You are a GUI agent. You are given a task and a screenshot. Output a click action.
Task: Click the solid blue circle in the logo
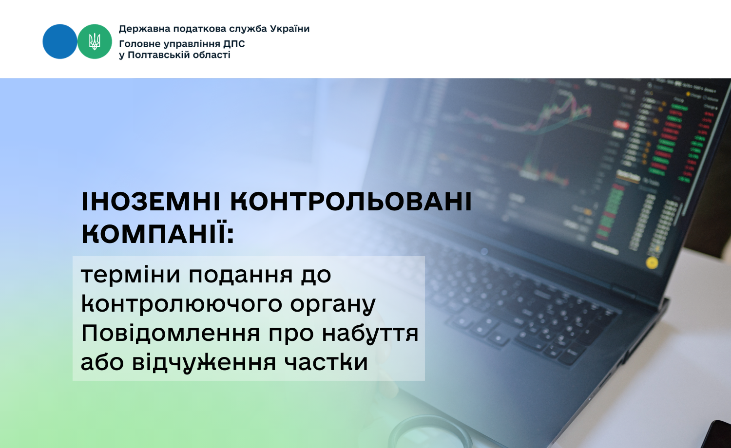[60, 41]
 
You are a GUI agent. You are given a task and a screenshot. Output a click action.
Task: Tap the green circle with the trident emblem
[95, 41]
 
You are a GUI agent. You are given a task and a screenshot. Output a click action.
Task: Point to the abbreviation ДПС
[234, 44]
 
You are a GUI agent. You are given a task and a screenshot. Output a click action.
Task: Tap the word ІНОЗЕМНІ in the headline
[151, 202]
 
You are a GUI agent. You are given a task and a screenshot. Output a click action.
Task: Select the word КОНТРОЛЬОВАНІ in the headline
[351, 202]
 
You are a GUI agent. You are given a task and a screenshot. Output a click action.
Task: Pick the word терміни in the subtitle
[131, 275]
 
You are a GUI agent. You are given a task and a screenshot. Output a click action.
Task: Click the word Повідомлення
[171, 333]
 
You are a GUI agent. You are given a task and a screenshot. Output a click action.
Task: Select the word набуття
[370, 333]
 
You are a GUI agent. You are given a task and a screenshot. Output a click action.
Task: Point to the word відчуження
[204, 363]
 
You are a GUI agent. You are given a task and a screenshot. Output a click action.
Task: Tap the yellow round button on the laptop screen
[652, 263]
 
